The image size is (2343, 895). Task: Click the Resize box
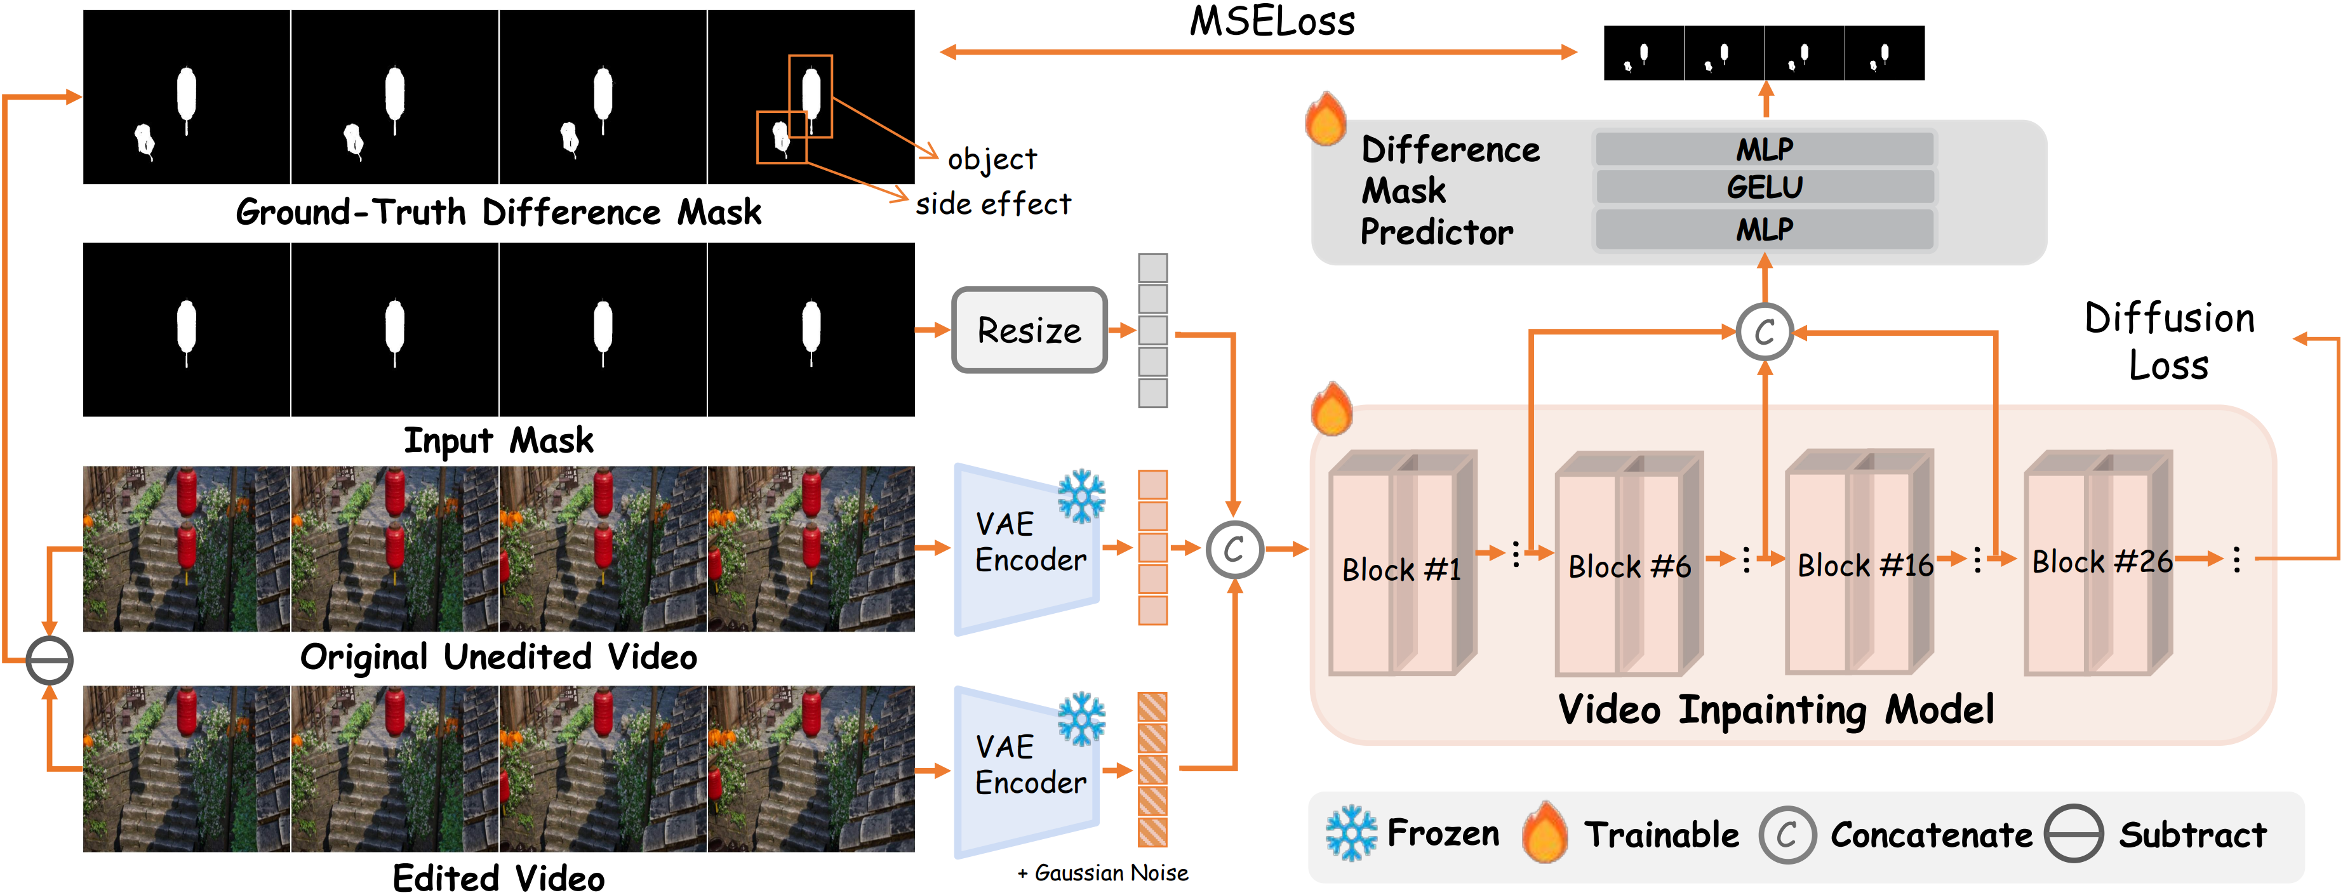(x=1029, y=330)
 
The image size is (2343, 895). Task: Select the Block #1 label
(x=1401, y=569)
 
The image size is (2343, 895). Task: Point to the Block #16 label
(x=1865, y=565)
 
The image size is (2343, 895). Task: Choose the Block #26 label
(x=2101, y=561)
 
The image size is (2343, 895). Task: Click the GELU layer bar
(x=1764, y=187)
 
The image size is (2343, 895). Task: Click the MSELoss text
(x=1272, y=22)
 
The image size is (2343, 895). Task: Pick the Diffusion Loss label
(x=2169, y=341)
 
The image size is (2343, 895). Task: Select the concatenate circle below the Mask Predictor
(x=1765, y=332)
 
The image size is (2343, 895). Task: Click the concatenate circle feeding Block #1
(x=1234, y=549)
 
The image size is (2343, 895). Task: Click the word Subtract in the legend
(x=2192, y=834)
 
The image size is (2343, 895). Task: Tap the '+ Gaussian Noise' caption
(x=1102, y=873)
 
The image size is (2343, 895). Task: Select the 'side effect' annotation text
(x=993, y=204)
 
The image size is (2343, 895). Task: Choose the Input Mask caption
(x=498, y=441)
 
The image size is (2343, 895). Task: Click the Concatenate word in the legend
(x=1930, y=834)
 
